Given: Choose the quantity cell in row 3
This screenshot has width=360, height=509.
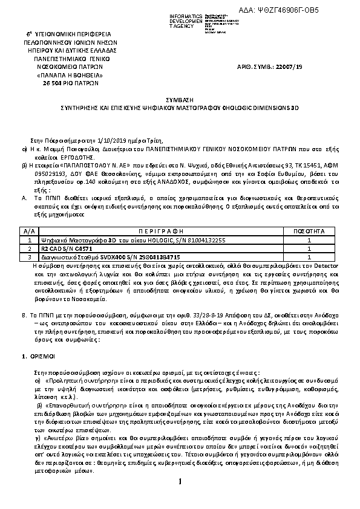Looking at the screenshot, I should (309, 257).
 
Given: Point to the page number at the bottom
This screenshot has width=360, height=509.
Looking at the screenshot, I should (180, 481).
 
